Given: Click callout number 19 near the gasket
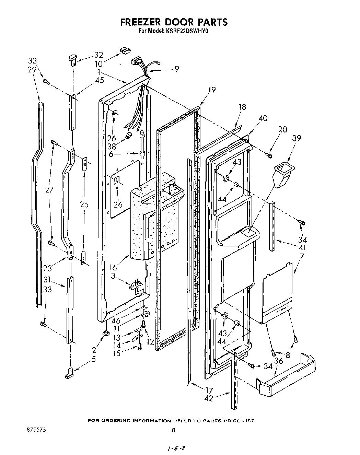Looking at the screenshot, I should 212,90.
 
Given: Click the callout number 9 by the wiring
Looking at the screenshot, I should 176,69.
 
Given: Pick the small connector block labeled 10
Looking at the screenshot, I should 125,50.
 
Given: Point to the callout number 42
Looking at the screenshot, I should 208,398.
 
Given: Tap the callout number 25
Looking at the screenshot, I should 84,205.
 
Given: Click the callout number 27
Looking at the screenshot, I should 49,190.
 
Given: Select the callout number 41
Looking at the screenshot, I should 302,247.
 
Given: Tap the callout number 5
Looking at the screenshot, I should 94,359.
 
